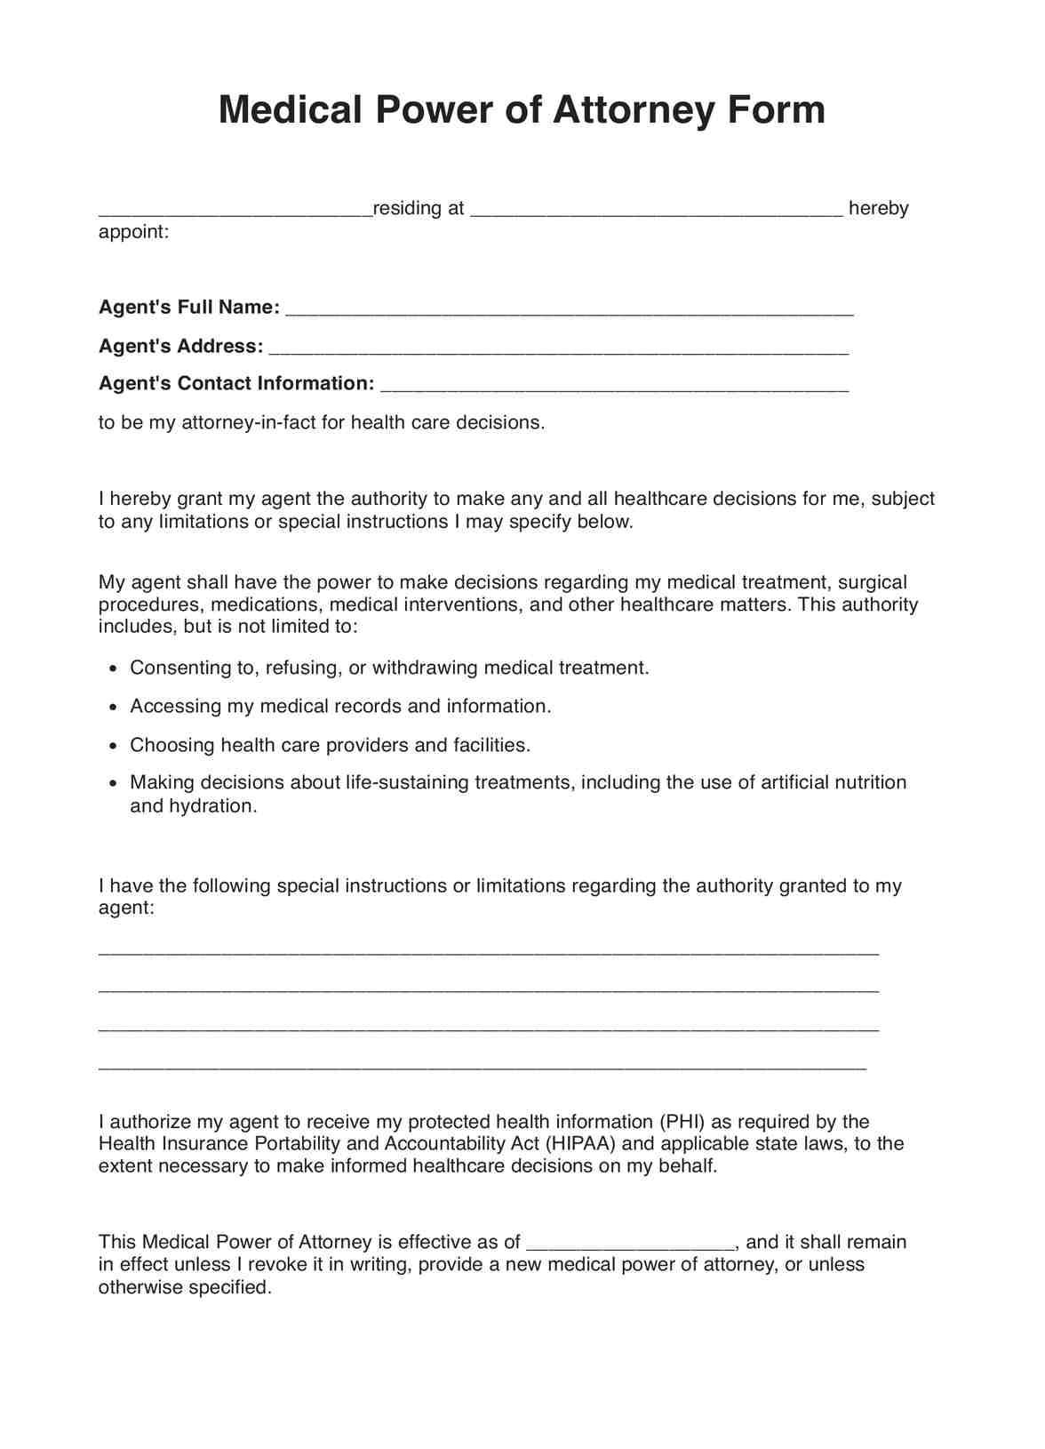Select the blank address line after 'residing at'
[656, 212]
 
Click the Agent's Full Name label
[189, 308]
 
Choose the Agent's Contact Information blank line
[614, 388]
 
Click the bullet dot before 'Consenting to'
[113, 669]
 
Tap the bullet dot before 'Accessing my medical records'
[113, 708]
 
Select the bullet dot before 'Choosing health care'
[113, 747]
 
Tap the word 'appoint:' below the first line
[133, 232]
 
